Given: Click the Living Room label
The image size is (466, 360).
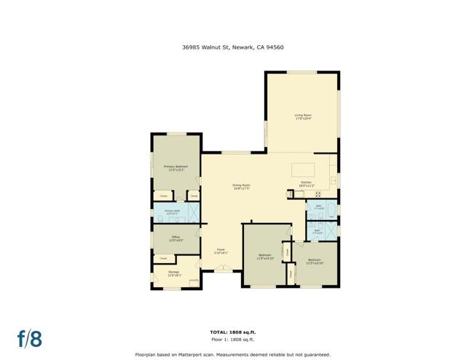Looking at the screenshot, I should click(x=303, y=117).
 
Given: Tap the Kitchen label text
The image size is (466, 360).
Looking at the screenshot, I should click(x=306, y=184).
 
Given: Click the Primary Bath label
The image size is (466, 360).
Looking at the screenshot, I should click(x=172, y=212).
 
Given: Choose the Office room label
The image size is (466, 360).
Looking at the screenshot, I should click(x=175, y=238).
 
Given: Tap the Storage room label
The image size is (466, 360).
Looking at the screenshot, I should click(x=173, y=273).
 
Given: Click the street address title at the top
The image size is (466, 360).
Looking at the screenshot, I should click(x=232, y=47).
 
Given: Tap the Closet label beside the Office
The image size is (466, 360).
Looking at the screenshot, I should click(x=163, y=258).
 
